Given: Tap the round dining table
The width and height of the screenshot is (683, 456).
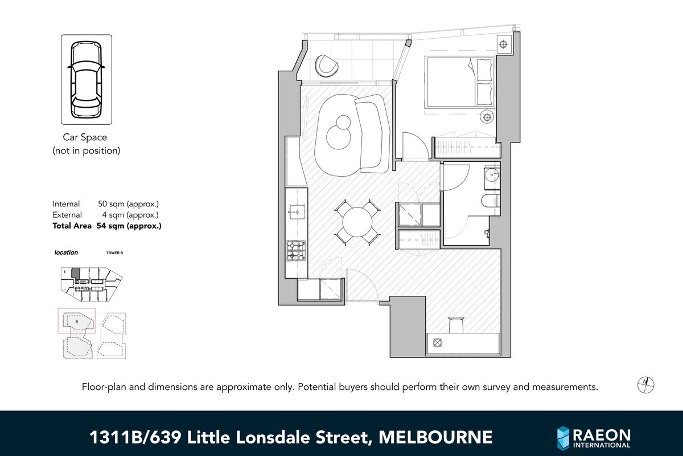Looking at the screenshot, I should point(356,222).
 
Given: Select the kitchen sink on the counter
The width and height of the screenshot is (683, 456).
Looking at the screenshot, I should point(296,211).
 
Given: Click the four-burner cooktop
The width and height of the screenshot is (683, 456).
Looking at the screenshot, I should point(295,250).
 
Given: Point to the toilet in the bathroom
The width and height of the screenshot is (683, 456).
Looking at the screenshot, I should point(489,201).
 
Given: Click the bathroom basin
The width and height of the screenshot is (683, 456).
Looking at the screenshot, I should point(492,177).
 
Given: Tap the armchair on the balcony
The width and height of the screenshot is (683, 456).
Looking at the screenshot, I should point(328,65).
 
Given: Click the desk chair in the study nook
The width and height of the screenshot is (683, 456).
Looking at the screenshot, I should point(456,325).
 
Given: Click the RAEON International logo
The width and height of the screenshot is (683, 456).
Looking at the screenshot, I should point(594,437).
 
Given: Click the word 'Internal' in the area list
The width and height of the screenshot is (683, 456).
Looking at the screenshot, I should point(67,203).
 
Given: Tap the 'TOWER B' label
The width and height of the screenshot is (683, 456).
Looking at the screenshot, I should point(114,253).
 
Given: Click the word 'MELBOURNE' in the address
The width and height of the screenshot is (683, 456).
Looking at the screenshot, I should point(435,437).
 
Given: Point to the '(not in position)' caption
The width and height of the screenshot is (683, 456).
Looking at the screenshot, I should point(86,150).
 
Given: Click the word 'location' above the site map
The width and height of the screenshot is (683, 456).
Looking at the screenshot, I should point(65,253).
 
